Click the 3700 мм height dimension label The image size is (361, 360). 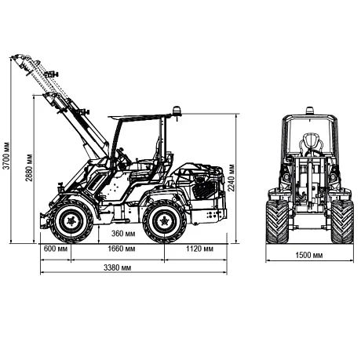click(x=6, y=156)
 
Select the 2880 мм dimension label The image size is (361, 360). click(x=29, y=168)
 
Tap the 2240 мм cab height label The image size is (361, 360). click(x=231, y=178)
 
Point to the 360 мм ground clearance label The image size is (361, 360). click(x=123, y=234)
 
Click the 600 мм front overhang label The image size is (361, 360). click(x=56, y=249)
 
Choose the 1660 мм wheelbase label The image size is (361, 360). click(x=122, y=249)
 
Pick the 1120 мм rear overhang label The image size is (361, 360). click(x=199, y=249)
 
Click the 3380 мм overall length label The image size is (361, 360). click(x=117, y=267)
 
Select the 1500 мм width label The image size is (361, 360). click(x=309, y=255)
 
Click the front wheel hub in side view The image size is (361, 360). click(x=71, y=221)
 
